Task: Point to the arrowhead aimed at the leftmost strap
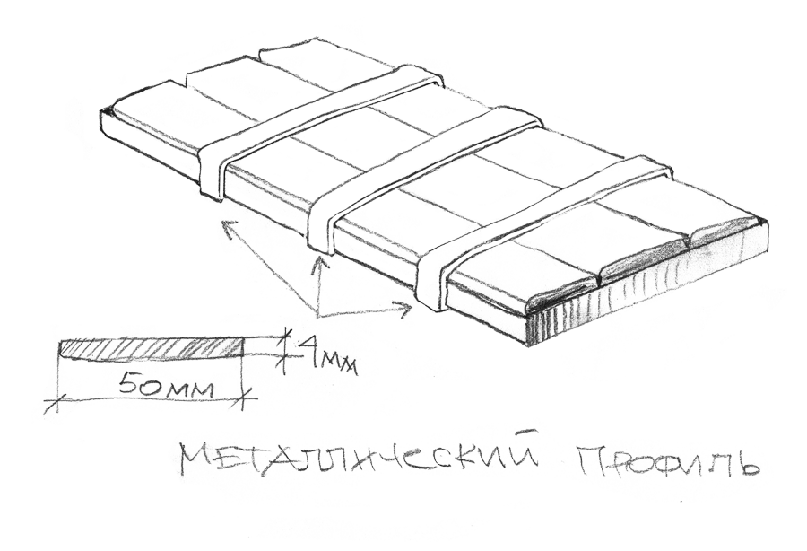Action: click(x=225, y=221)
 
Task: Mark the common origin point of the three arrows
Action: click(x=318, y=314)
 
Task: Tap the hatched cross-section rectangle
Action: click(x=151, y=348)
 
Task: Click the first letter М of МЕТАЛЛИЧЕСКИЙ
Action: click(x=196, y=460)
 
